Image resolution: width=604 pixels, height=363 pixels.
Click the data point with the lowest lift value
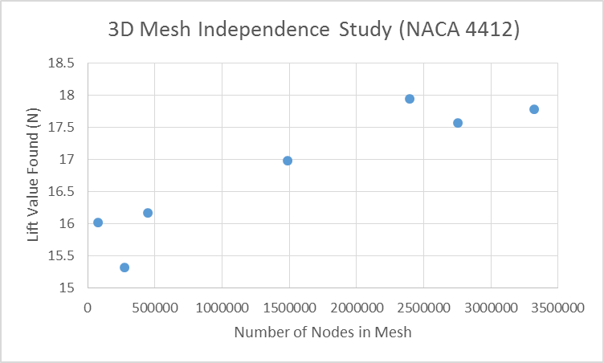point(124,267)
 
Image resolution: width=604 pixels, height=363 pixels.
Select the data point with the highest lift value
point(410,99)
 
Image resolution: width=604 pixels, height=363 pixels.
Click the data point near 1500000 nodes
point(288,161)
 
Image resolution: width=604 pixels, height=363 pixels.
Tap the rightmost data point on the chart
point(534,109)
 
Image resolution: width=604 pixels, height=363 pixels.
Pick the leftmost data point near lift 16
point(98,222)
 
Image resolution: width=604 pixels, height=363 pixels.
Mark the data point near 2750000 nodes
point(458,123)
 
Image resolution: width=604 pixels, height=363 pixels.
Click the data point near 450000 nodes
point(148,213)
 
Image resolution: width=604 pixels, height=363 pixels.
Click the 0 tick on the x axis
point(88,306)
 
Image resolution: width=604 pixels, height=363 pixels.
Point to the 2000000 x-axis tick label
point(356,306)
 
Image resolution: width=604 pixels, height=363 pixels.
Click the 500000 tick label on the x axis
point(155,306)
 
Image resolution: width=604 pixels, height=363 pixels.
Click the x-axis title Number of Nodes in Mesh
point(323,332)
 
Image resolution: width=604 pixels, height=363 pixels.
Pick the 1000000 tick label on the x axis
point(222,306)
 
